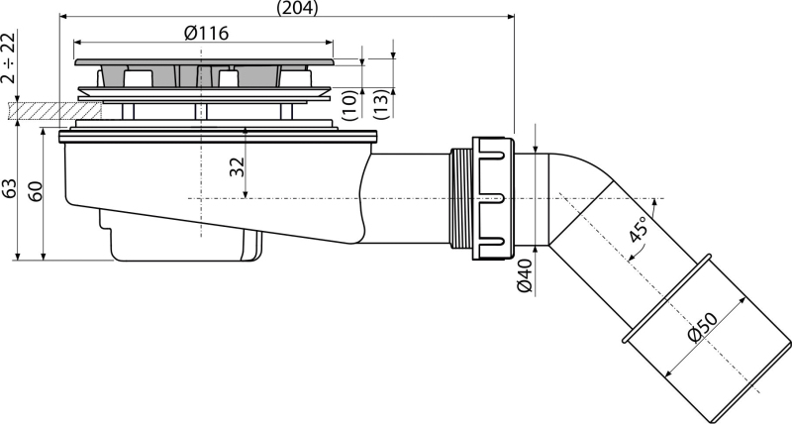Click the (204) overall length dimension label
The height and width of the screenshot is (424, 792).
(x=298, y=8)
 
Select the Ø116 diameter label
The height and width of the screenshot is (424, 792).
(x=206, y=34)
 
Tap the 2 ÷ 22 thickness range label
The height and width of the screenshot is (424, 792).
(x=8, y=57)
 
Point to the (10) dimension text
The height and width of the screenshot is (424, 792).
(x=350, y=105)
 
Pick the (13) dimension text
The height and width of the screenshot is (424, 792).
(x=382, y=104)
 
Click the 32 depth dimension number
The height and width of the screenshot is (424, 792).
(x=237, y=167)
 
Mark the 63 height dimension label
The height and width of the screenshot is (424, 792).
(x=9, y=189)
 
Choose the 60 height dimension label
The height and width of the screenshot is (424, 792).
(x=35, y=191)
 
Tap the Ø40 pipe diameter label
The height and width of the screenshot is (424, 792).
(x=526, y=275)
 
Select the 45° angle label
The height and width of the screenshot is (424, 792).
(x=638, y=229)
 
